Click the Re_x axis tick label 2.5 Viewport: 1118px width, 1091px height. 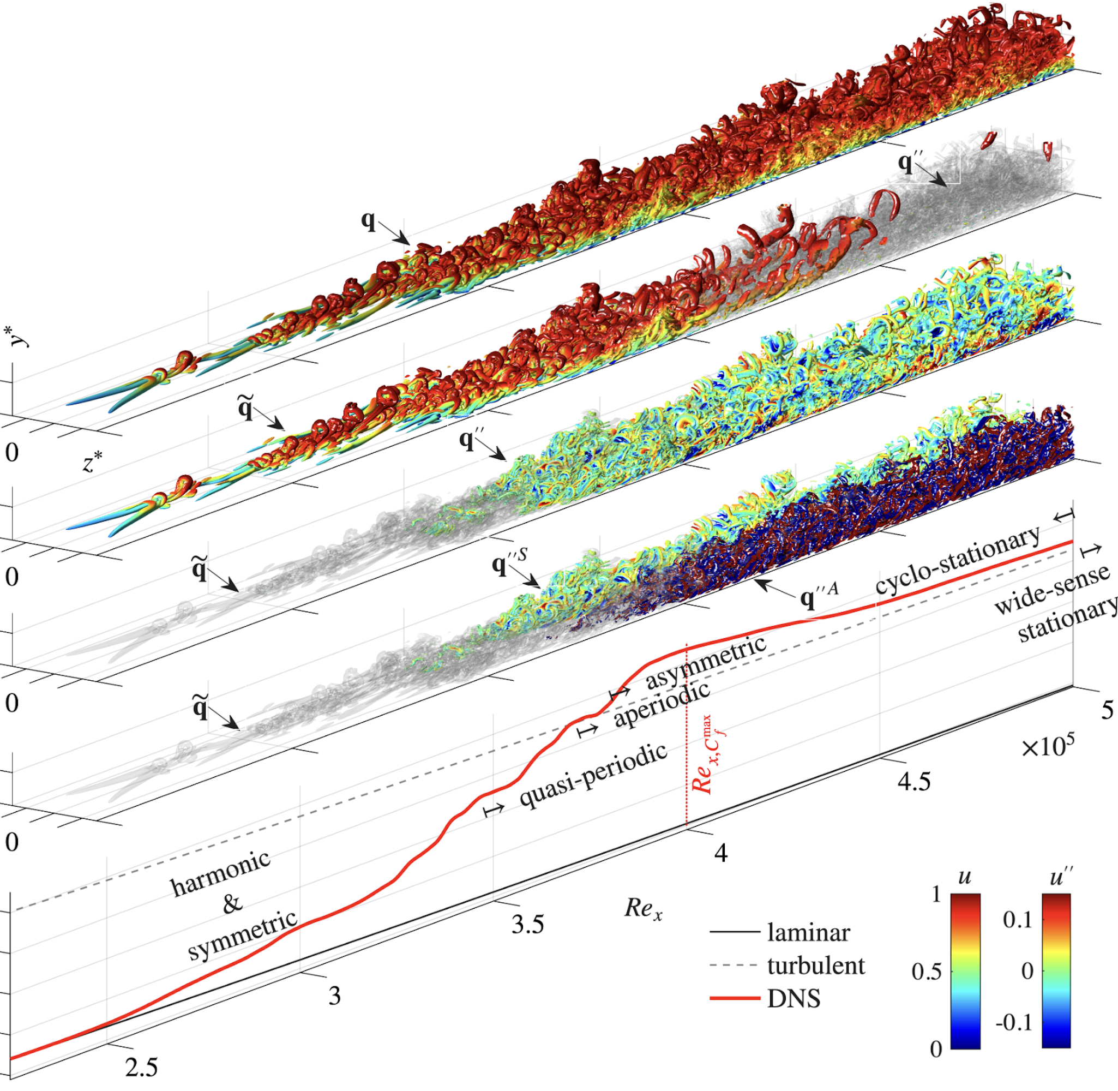(141, 1067)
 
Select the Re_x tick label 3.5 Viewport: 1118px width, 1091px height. (527, 924)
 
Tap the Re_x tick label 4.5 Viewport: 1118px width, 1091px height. (913, 782)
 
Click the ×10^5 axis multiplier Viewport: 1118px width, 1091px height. (1048, 747)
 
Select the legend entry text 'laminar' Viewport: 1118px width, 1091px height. (809, 933)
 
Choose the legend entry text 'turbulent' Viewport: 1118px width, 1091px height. (815, 966)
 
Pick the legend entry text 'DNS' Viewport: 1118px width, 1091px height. (794, 999)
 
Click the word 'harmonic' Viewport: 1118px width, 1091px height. (220, 873)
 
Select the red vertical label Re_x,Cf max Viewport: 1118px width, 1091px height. (706, 755)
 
